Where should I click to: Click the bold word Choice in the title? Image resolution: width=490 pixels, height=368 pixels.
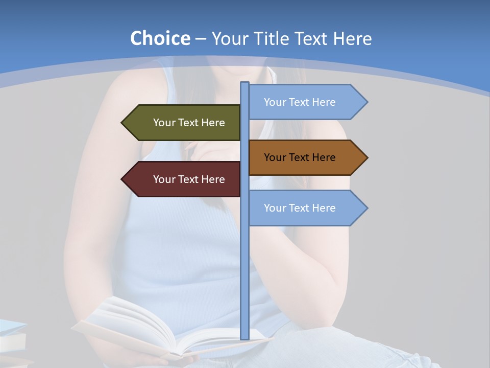tap(160, 38)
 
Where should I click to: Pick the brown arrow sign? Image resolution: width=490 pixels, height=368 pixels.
tap(304, 157)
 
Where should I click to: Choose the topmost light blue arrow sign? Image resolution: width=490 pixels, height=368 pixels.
tap(304, 102)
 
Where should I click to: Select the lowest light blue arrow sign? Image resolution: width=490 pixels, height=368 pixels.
tap(304, 208)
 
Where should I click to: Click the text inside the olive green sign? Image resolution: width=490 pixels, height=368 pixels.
tap(189, 123)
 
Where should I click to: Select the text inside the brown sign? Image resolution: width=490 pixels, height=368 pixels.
tap(300, 157)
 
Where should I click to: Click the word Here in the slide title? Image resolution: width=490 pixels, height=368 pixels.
tap(352, 39)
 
